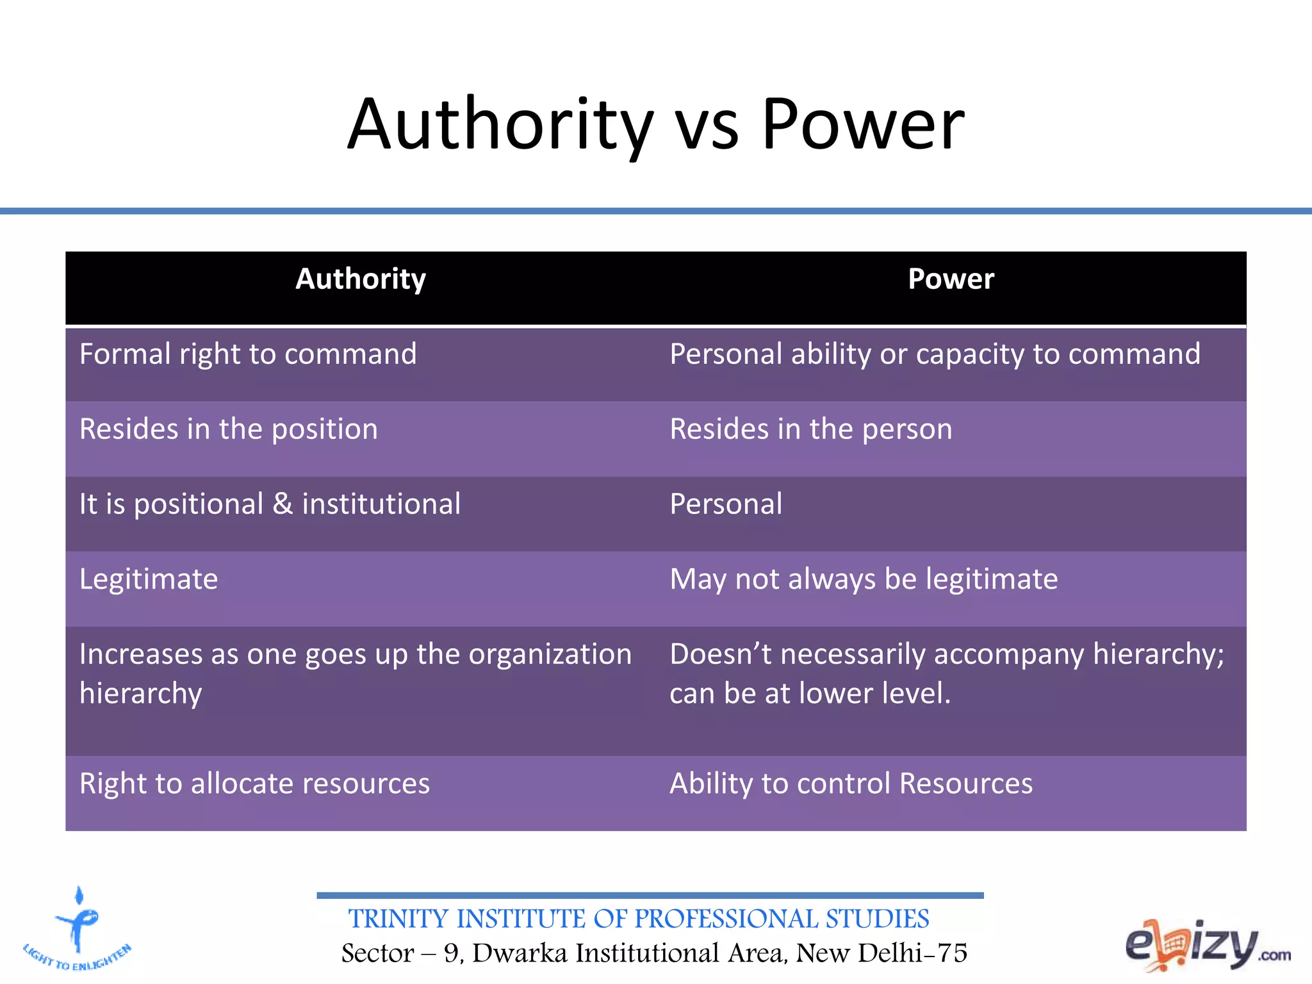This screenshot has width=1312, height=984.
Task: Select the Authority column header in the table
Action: [361, 279]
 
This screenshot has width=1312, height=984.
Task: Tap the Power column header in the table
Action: [951, 279]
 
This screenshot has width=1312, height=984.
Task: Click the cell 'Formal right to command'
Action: [248, 354]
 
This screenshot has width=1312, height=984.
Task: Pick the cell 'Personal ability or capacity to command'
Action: [935, 354]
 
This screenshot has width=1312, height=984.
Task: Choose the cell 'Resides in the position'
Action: [228, 429]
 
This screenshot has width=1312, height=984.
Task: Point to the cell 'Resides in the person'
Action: [810, 429]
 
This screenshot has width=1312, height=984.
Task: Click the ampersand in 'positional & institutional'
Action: [283, 504]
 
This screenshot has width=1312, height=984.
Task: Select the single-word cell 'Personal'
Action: [726, 504]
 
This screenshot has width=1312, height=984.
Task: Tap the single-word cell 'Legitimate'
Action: [149, 579]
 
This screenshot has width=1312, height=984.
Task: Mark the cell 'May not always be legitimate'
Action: [864, 579]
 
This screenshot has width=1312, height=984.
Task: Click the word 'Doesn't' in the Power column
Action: [719, 654]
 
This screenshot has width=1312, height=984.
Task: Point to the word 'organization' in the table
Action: [550, 655]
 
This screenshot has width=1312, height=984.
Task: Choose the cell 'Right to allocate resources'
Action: [254, 783]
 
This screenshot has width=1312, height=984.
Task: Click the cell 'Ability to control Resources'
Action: [851, 783]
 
